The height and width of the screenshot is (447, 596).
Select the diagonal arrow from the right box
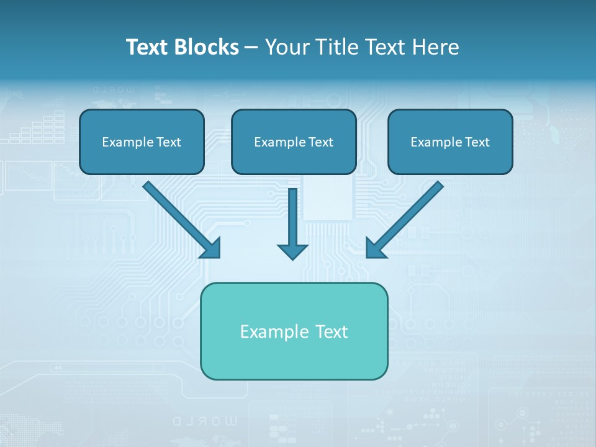point(407,217)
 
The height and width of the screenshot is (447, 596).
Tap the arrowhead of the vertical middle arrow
point(292,251)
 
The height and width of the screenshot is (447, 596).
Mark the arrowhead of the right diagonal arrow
point(375,248)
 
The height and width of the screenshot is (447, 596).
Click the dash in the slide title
point(251,47)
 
